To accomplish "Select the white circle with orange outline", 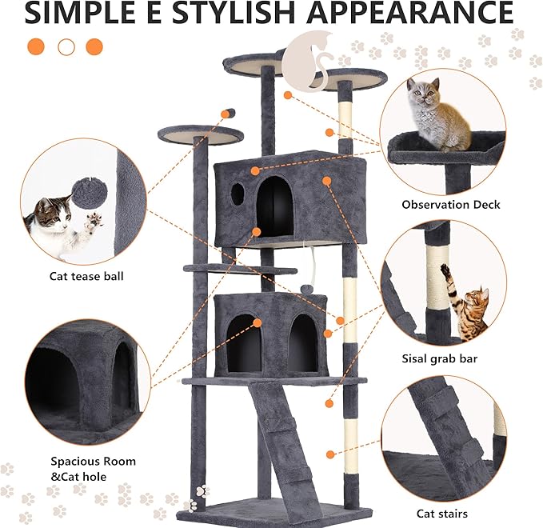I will tap(66, 46).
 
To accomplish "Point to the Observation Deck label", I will tap(450, 205).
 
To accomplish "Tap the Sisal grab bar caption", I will tap(439, 358).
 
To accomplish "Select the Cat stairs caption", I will tap(441, 514).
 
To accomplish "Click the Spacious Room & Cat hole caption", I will tap(94, 469).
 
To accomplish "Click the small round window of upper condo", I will tap(238, 193).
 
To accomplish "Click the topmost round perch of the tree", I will tap(255, 62).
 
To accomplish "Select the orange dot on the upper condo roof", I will tap(255, 170).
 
